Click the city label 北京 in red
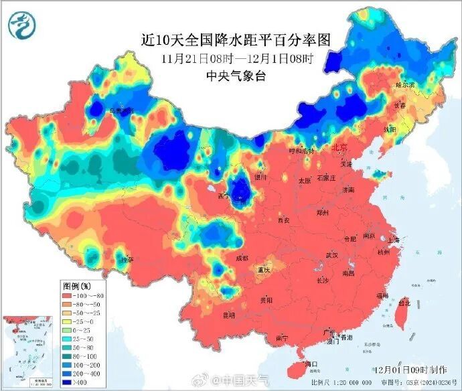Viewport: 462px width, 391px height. pos(340,147)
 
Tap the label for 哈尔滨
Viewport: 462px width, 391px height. pos(405,85)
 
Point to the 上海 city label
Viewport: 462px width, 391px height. pos(393,240)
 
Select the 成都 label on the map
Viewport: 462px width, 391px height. pos(241,258)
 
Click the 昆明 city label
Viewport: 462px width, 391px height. pos(230,315)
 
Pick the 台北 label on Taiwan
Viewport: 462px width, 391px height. pos(404,303)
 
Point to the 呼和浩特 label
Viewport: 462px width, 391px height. pos(301,152)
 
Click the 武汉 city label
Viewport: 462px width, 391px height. pos(331,255)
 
